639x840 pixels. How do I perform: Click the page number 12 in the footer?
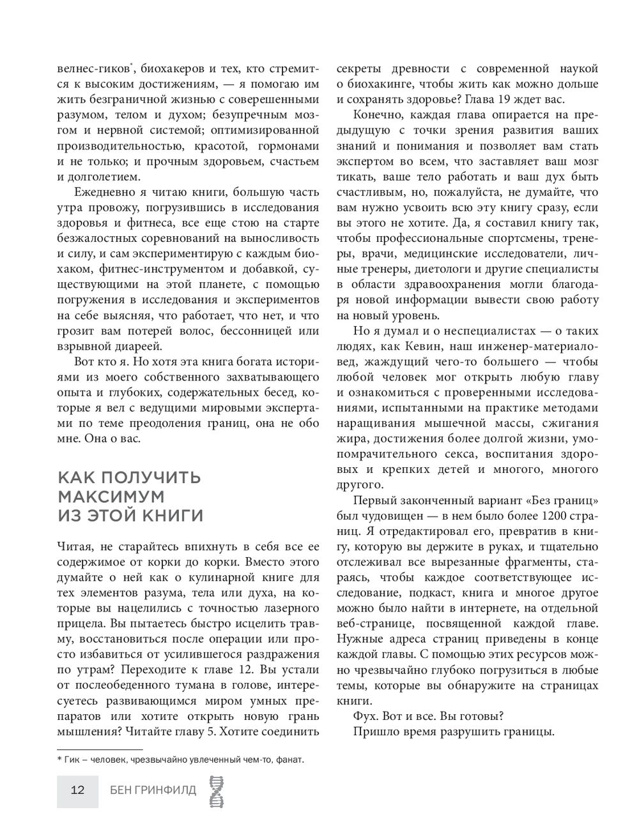pos(77,790)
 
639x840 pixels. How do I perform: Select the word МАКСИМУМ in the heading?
pos(111,497)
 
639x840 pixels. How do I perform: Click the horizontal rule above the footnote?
pos(100,749)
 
